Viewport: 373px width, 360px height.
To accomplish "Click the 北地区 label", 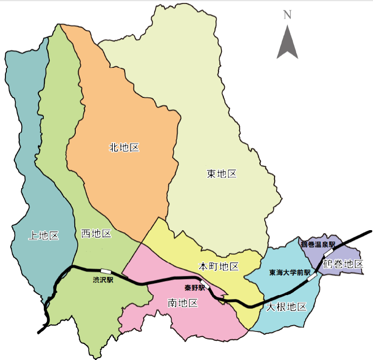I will click(124, 147).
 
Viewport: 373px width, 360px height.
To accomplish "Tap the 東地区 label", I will click(222, 174).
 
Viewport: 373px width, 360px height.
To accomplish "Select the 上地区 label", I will click(43, 236).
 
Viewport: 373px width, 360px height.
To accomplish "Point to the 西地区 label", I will click(96, 233).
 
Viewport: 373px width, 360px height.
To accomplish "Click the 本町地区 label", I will click(218, 267).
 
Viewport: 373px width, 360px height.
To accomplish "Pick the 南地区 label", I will click(183, 303).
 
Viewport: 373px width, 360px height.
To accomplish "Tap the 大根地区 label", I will click(286, 307).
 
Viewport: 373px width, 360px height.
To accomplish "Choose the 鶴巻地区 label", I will click(343, 264).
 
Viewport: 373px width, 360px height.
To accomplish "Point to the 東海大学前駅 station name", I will click(290, 272).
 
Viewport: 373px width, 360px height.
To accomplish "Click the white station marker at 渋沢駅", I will click(106, 271).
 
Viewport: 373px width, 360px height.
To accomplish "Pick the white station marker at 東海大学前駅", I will click(312, 277).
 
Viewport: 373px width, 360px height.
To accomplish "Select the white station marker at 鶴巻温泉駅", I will click(328, 253).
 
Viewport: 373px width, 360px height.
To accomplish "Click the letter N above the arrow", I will click(287, 15).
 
